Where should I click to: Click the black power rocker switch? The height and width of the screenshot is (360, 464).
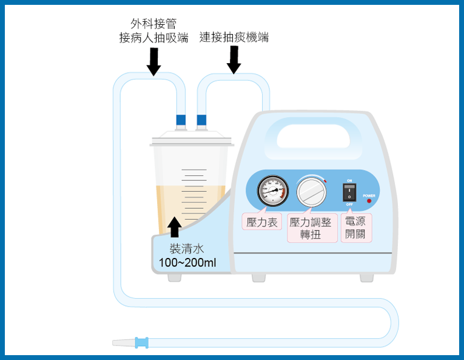(349, 192)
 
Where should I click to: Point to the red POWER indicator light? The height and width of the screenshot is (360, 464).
(369, 201)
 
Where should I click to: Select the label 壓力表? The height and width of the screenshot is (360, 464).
(260, 222)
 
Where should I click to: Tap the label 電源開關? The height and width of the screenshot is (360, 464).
(356, 228)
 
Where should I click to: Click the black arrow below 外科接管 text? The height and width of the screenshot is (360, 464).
(154, 62)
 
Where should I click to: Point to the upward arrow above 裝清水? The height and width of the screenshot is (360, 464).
(175, 227)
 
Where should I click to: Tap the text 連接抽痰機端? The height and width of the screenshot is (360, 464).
(234, 38)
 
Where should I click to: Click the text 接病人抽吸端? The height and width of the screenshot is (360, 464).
(154, 38)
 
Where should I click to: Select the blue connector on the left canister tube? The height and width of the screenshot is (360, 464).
(181, 120)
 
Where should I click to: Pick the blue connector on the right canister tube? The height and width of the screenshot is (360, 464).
(201, 120)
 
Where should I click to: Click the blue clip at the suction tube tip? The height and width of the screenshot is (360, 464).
(141, 342)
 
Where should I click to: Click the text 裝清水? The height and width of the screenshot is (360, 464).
(186, 248)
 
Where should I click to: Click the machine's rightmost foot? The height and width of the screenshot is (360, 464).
(366, 277)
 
